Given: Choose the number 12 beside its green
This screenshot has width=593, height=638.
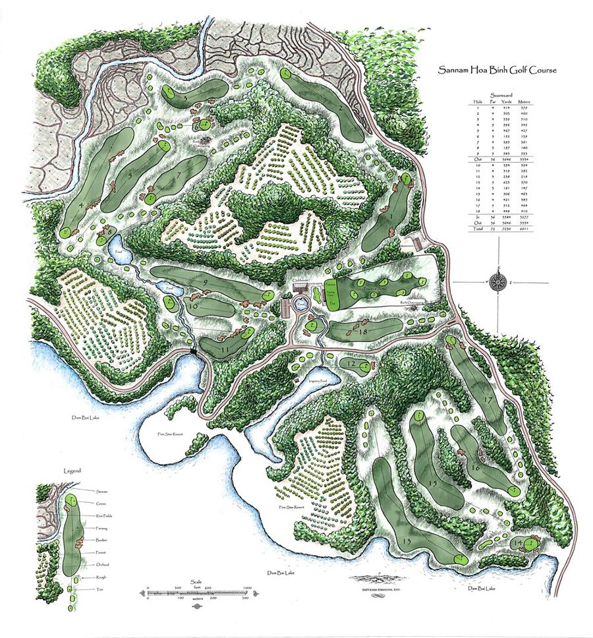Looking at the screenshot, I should [x=351, y=364].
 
